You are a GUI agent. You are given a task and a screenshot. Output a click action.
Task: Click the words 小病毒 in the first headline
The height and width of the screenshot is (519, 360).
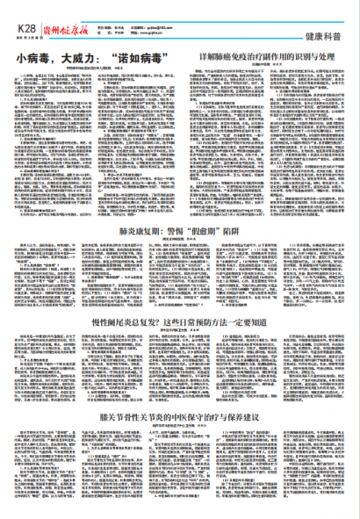32,61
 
